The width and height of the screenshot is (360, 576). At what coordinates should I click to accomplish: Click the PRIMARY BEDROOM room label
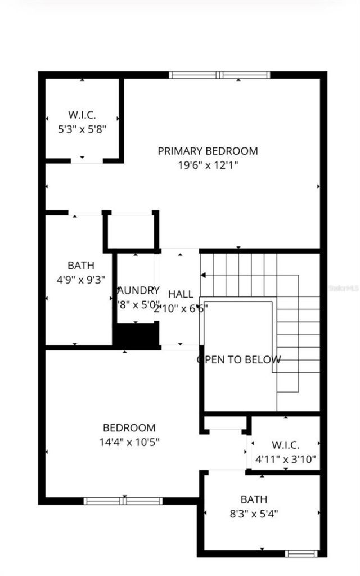click(x=208, y=151)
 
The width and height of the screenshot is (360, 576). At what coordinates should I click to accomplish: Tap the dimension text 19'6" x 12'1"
click(x=208, y=165)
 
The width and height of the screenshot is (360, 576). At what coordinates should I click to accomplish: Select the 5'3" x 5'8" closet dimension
click(x=82, y=129)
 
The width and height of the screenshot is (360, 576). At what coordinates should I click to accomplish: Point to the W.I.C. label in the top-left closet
click(x=82, y=115)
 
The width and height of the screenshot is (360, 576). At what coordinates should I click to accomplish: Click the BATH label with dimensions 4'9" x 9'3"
click(x=81, y=265)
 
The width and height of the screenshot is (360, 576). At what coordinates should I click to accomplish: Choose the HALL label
click(x=181, y=294)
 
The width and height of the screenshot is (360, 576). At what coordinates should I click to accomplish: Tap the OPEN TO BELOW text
click(x=239, y=360)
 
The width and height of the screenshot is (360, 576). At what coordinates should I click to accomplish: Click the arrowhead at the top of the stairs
click(x=204, y=275)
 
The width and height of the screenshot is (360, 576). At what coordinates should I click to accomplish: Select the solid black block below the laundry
click(x=136, y=336)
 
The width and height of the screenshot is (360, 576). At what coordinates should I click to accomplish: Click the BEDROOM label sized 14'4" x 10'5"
click(x=129, y=428)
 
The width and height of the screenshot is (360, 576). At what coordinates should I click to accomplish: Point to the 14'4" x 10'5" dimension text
click(x=129, y=442)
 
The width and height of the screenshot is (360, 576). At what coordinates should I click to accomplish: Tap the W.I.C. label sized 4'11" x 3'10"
click(x=285, y=445)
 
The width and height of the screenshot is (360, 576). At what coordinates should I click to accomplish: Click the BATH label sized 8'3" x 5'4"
click(x=254, y=499)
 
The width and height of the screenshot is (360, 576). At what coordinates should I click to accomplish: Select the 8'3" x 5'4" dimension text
click(x=254, y=513)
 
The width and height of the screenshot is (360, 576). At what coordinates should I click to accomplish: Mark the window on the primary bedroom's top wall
click(x=219, y=74)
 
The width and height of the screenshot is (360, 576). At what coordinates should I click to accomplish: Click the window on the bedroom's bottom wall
click(x=123, y=501)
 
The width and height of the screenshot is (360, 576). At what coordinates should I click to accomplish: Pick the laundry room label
click(x=137, y=290)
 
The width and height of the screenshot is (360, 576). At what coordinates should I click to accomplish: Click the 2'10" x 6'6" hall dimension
click(x=181, y=308)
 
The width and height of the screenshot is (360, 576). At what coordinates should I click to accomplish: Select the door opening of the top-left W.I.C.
click(x=87, y=161)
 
